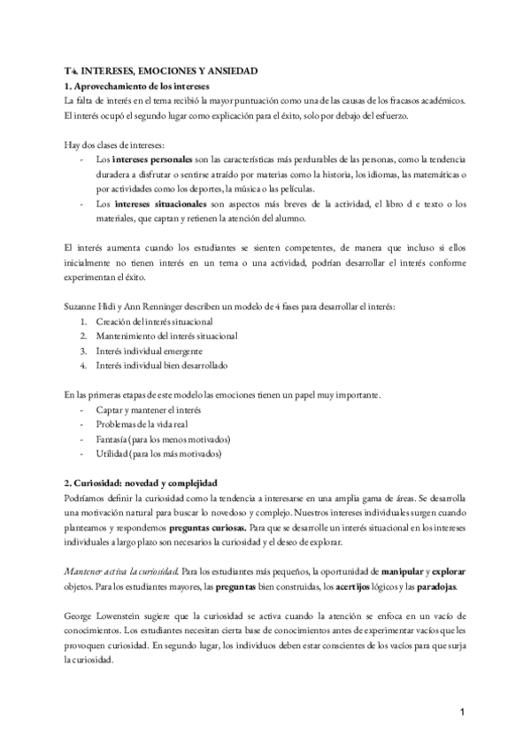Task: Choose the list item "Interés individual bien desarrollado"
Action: tap(163, 365)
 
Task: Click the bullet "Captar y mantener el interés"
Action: tap(150, 409)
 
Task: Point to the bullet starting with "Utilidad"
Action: tap(158, 454)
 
